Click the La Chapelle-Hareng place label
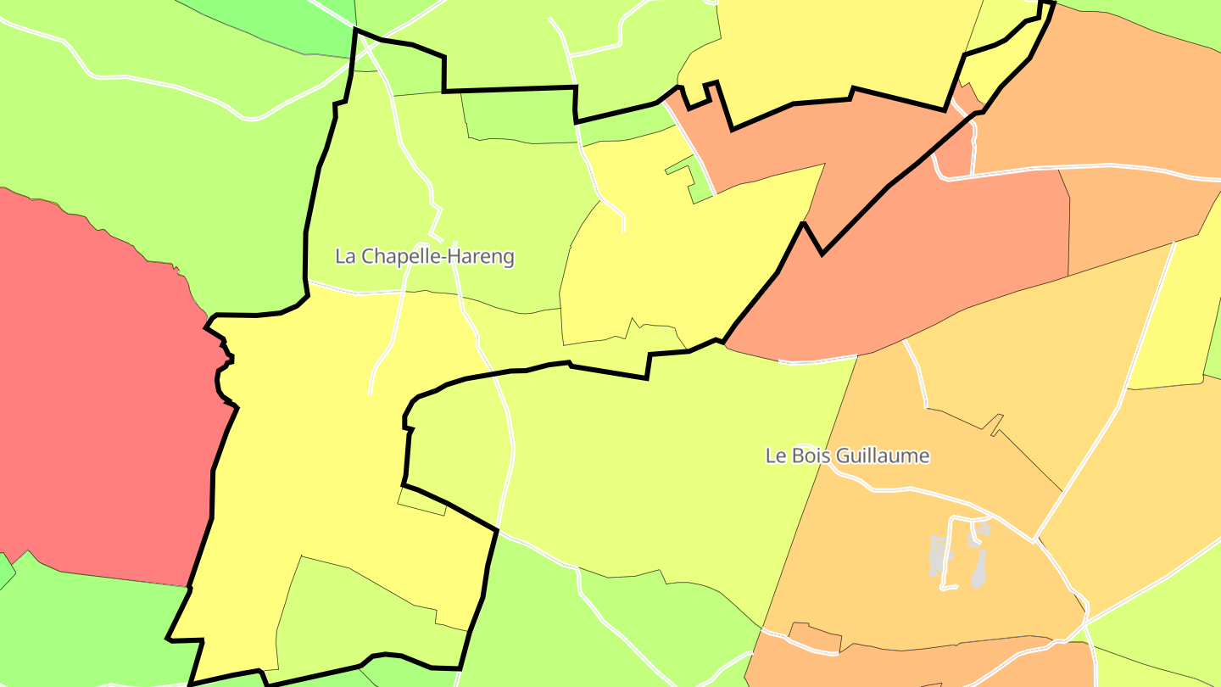[425, 256]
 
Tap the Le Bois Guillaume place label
[847, 455]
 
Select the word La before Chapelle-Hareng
[346, 256]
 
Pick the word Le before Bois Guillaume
[775, 455]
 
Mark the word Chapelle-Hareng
[438, 256]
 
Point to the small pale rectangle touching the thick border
[422, 502]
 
